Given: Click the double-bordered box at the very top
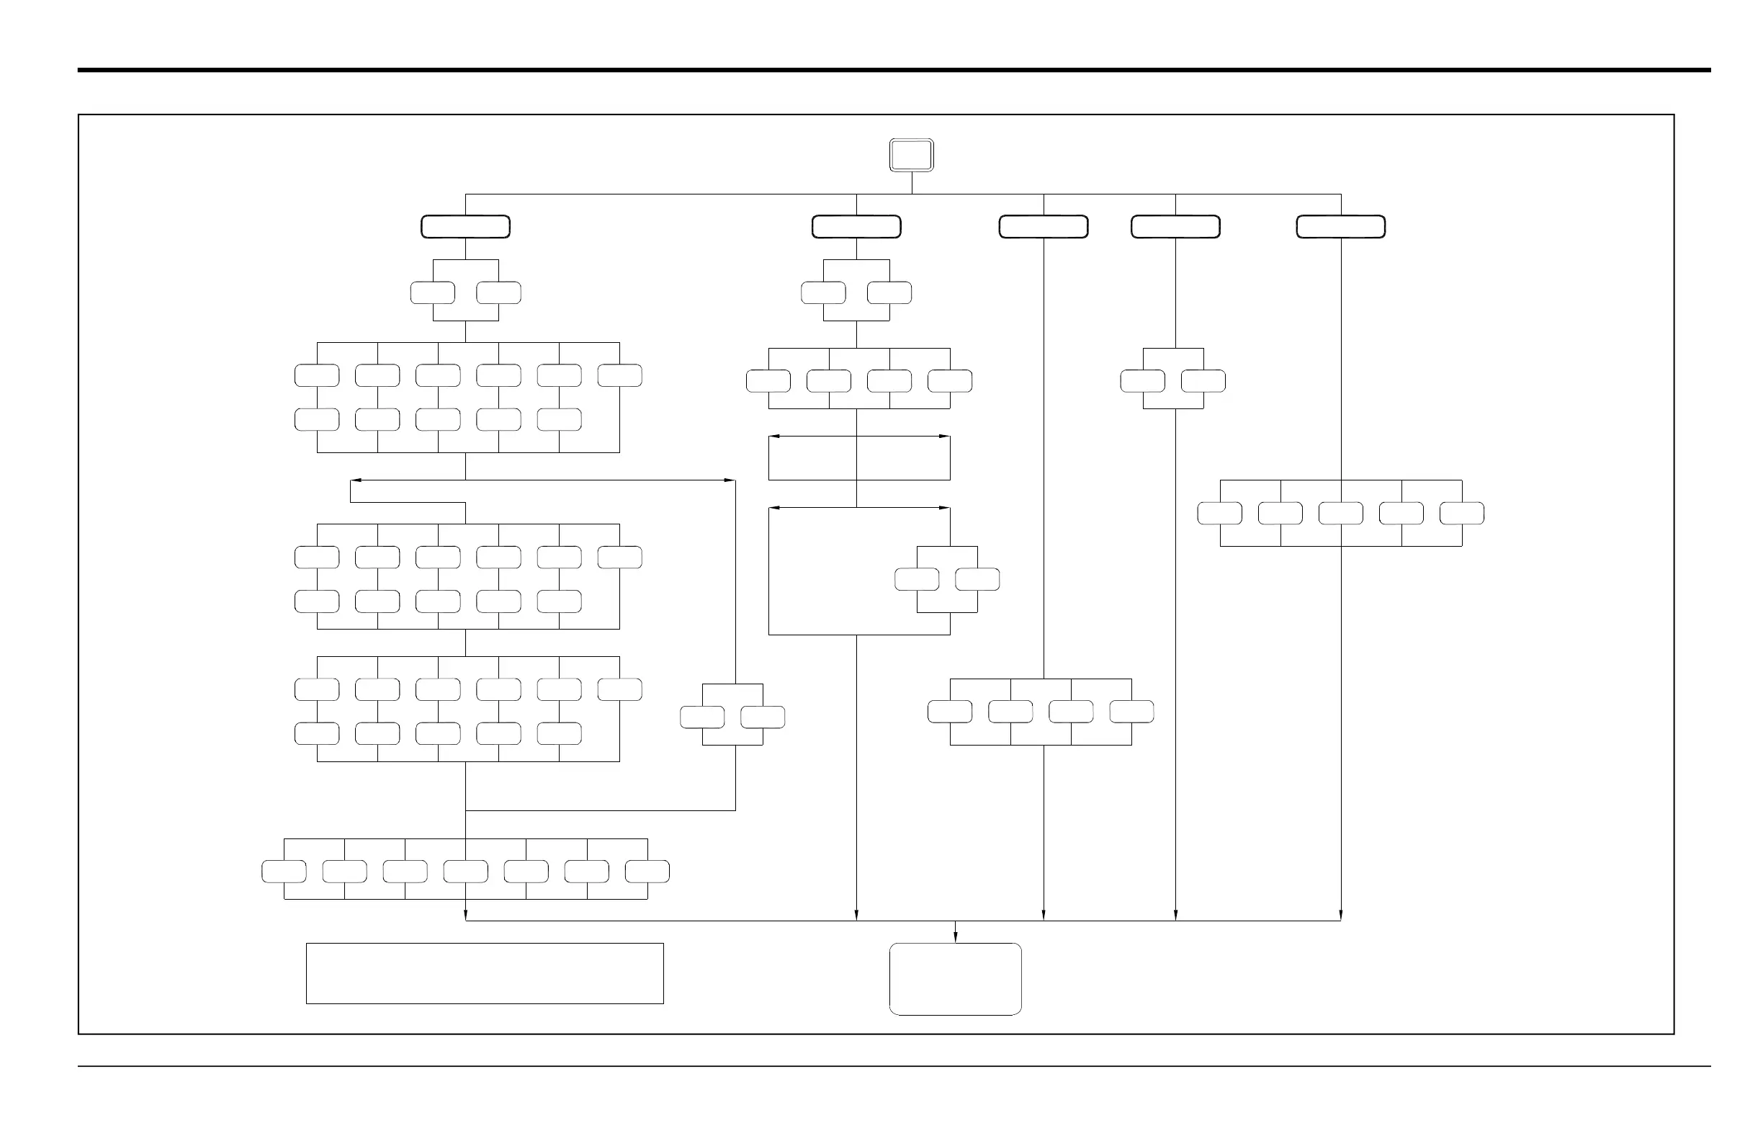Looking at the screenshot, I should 911,155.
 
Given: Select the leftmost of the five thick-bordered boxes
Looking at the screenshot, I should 465,227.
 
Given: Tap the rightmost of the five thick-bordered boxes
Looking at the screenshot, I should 1340,227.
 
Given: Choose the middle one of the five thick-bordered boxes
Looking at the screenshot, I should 1043,227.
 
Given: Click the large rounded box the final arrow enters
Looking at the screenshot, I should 955,979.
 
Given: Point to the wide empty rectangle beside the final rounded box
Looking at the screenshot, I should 485,974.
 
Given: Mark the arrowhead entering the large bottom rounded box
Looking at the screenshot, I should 955,937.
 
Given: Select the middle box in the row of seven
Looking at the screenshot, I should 465,872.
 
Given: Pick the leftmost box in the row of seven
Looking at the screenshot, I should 284,872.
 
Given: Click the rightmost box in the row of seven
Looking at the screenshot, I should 647,872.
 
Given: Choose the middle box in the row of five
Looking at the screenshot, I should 1340,514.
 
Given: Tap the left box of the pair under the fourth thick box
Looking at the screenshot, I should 1142,382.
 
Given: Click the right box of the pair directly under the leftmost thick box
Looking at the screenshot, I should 498,293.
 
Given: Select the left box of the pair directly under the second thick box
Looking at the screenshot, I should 823,293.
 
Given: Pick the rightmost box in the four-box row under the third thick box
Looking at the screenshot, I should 1131,712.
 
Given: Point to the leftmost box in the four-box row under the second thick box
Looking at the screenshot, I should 768,382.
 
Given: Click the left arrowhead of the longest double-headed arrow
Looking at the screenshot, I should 355,480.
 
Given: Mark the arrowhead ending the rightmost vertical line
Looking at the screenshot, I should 1340,916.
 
